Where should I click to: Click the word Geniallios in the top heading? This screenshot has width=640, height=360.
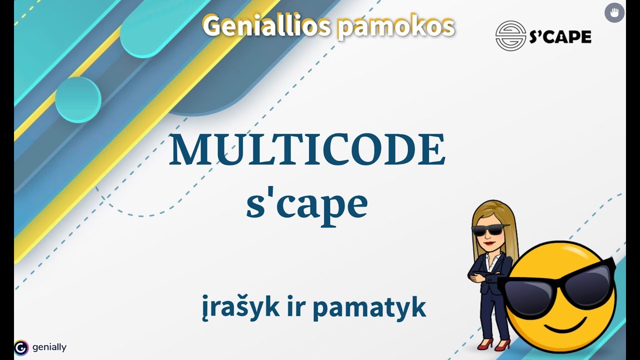(265, 25)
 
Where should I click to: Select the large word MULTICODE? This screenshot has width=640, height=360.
(306, 151)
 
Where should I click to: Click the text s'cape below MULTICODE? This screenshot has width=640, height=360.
(306, 205)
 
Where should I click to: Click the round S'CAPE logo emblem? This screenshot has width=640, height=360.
(510, 35)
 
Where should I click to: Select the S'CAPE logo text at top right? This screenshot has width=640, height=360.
(560, 36)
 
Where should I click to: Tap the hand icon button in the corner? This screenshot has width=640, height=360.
(614, 12)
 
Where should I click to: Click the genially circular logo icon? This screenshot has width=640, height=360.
(21, 347)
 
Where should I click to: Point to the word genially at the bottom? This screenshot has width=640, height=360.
(49, 347)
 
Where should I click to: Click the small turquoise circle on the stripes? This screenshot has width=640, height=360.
(78, 99)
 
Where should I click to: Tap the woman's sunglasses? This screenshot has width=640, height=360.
(488, 230)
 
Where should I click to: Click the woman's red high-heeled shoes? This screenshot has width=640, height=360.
(493, 344)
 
